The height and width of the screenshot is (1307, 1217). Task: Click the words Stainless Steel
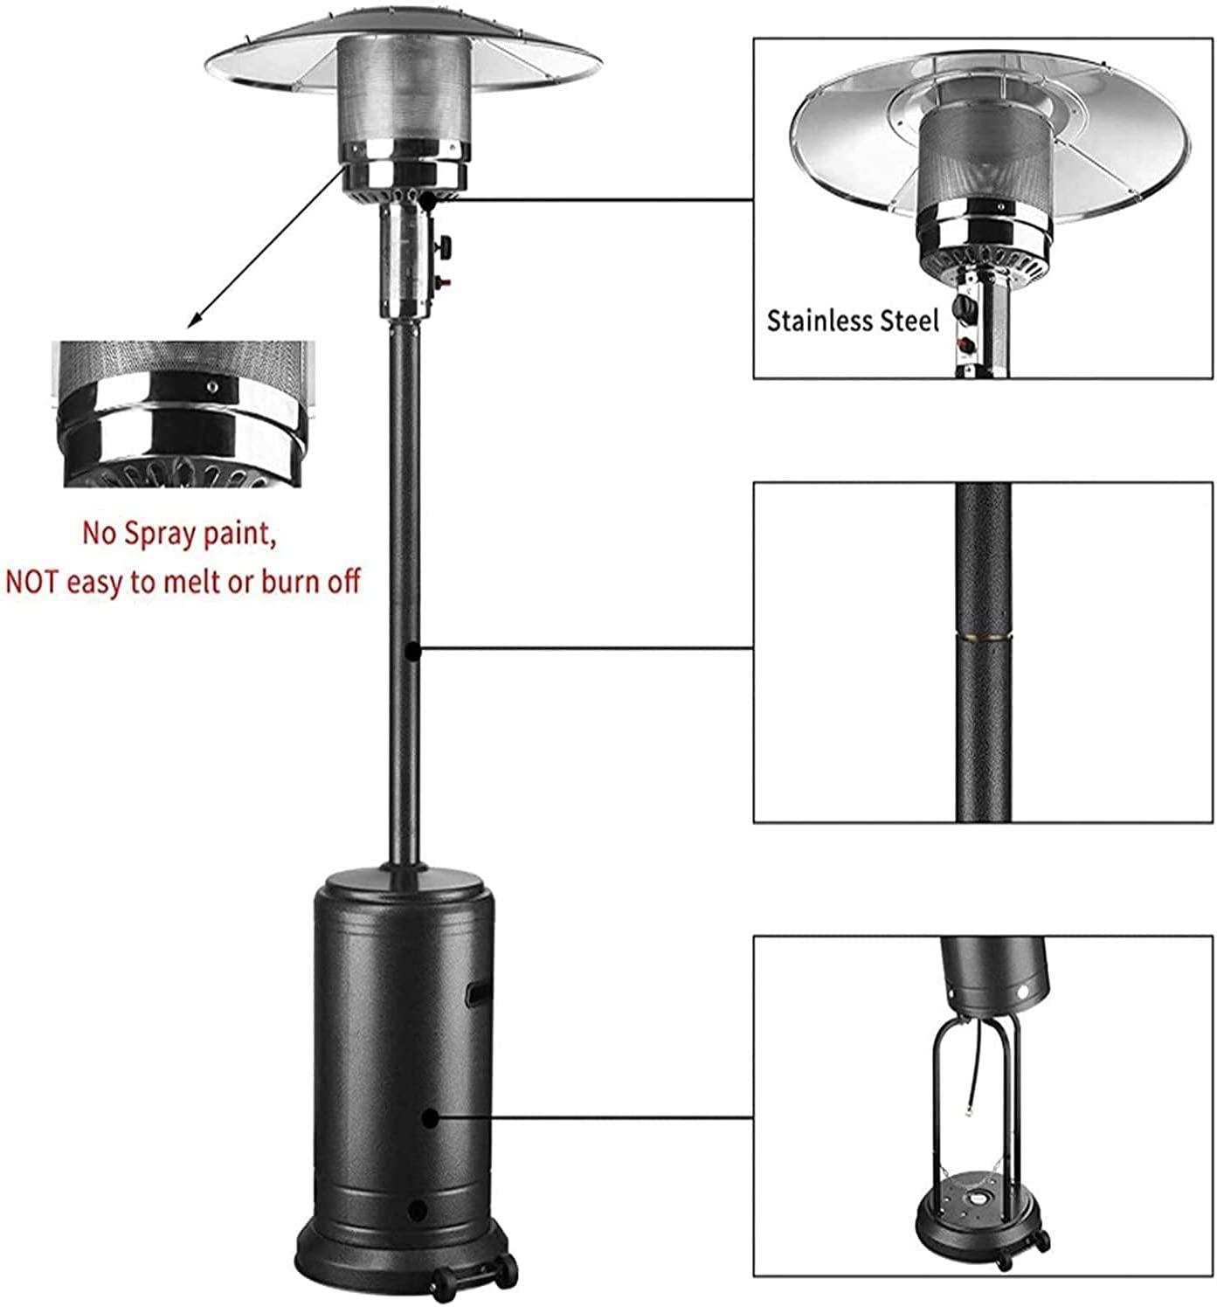[x=853, y=321]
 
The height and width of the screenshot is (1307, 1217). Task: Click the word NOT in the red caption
[x=36, y=582]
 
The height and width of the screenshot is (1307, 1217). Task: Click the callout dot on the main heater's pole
[x=412, y=652]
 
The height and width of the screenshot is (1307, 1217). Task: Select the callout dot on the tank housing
[x=430, y=1117]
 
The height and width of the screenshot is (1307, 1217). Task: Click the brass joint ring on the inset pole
[x=984, y=636]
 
